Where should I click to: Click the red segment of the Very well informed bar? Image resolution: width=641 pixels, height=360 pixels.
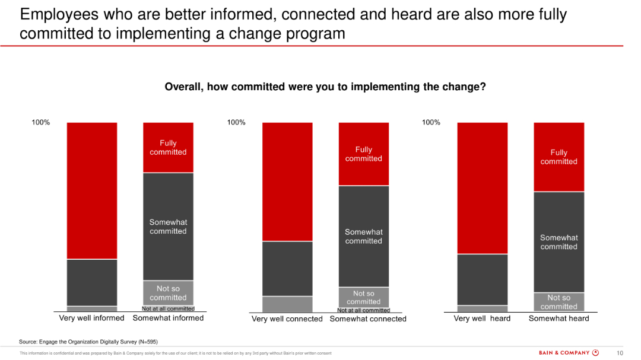(92, 190)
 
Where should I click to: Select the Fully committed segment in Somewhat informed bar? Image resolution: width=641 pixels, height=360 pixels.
(168, 147)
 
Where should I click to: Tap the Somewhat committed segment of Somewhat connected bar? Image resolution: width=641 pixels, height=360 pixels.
(364, 236)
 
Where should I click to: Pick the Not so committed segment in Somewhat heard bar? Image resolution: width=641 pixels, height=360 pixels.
(559, 302)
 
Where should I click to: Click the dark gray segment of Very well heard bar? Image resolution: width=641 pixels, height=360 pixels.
(483, 279)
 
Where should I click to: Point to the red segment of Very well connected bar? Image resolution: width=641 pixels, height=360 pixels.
(287, 181)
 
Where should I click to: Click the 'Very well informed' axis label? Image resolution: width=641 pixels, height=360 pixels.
(92, 318)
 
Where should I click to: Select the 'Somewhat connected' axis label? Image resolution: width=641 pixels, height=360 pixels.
(368, 318)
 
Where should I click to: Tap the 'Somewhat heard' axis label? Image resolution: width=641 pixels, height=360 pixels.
(559, 318)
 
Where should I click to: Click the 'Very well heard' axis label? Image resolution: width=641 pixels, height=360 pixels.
(482, 318)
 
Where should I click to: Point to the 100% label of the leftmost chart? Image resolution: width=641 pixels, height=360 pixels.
(40, 122)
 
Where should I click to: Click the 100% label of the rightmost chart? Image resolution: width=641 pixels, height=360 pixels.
(431, 122)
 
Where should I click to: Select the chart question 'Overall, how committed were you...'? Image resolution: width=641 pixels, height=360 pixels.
(325, 87)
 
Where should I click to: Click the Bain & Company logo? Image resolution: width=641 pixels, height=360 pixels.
(569, 353)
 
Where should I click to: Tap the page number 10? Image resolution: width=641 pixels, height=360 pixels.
(620, 353)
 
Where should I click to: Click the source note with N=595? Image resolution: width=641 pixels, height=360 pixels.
(88, 342)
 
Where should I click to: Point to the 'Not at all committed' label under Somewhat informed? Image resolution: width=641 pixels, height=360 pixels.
(168, 308)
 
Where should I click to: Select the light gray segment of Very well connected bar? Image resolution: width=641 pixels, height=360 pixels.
(287, 304)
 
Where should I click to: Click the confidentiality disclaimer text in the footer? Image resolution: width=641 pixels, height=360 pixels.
(176, 353)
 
